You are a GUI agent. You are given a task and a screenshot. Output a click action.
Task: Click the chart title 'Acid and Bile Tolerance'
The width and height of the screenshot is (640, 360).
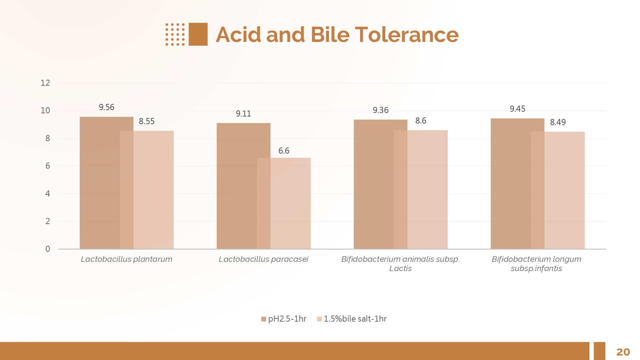(337, 35)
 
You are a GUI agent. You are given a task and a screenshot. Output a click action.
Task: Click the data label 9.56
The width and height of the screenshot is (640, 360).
(107, 107)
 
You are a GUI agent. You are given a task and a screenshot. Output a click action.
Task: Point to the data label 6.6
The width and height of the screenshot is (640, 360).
(284, 151)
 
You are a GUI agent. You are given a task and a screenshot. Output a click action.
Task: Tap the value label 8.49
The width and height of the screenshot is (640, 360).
(558, 122)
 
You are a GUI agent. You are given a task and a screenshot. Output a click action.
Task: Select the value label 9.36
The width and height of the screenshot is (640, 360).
(380, 110)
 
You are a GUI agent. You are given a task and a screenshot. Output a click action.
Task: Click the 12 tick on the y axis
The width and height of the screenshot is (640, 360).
(45, 83)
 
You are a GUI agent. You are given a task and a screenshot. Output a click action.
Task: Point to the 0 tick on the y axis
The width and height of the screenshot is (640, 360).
(48, 249)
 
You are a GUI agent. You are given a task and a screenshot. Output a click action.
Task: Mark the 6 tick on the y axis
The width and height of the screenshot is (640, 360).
(48, 166)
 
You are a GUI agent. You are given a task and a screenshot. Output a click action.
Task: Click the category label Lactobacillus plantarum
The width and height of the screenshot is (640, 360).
(126, 259)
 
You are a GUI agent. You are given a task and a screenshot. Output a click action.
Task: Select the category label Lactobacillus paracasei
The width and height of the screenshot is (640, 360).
(263, 259)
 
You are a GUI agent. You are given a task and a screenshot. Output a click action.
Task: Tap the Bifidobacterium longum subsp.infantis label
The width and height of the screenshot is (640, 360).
(536, 264)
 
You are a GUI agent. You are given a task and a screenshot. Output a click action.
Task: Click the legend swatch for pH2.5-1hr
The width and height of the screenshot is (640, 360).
(264, 319)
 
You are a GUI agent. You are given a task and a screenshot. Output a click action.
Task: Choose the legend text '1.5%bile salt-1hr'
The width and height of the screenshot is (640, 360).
(355, 319)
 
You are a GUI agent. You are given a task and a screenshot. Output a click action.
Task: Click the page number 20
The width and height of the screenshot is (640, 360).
(623, 352)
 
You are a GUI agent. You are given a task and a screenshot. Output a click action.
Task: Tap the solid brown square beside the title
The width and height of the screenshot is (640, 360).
(198, 34)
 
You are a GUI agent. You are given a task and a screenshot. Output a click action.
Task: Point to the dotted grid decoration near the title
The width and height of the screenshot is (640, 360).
(175, 34)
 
